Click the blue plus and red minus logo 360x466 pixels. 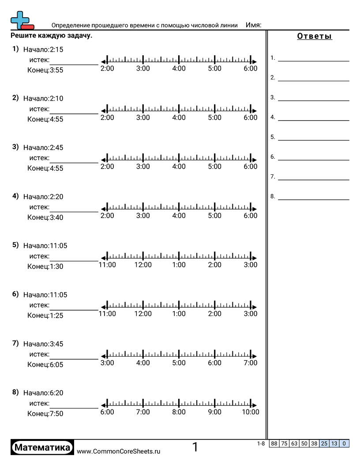(x=21, y=20)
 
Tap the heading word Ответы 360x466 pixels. (x=315, y=37)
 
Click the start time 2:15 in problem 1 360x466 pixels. (x=56, y=50)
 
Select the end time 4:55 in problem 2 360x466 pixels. (x=56, y=119)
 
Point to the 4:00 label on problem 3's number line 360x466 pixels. (x=179, y=167)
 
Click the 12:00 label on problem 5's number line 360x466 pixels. (x=143, y=265)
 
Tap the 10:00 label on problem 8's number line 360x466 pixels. (x=251, y=412)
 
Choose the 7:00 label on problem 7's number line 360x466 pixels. (x=251, y=363)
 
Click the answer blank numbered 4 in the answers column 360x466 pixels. (x=313, y=117)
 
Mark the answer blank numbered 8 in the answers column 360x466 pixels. (x=313, y=197)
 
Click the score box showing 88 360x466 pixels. (x=274, y=443)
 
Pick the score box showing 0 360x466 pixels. (x=344, y=443)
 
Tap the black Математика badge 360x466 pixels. (x=42, y=447)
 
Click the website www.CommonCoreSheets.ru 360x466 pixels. (x=119, y=451)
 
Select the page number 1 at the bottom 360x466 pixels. (x=195, y=447)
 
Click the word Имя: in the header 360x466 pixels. (x=253, y=25)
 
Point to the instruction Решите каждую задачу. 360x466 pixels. (x=52, y=36)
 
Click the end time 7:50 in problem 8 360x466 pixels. (x=56, y=414)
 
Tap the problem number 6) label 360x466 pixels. (x=15, y=294)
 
